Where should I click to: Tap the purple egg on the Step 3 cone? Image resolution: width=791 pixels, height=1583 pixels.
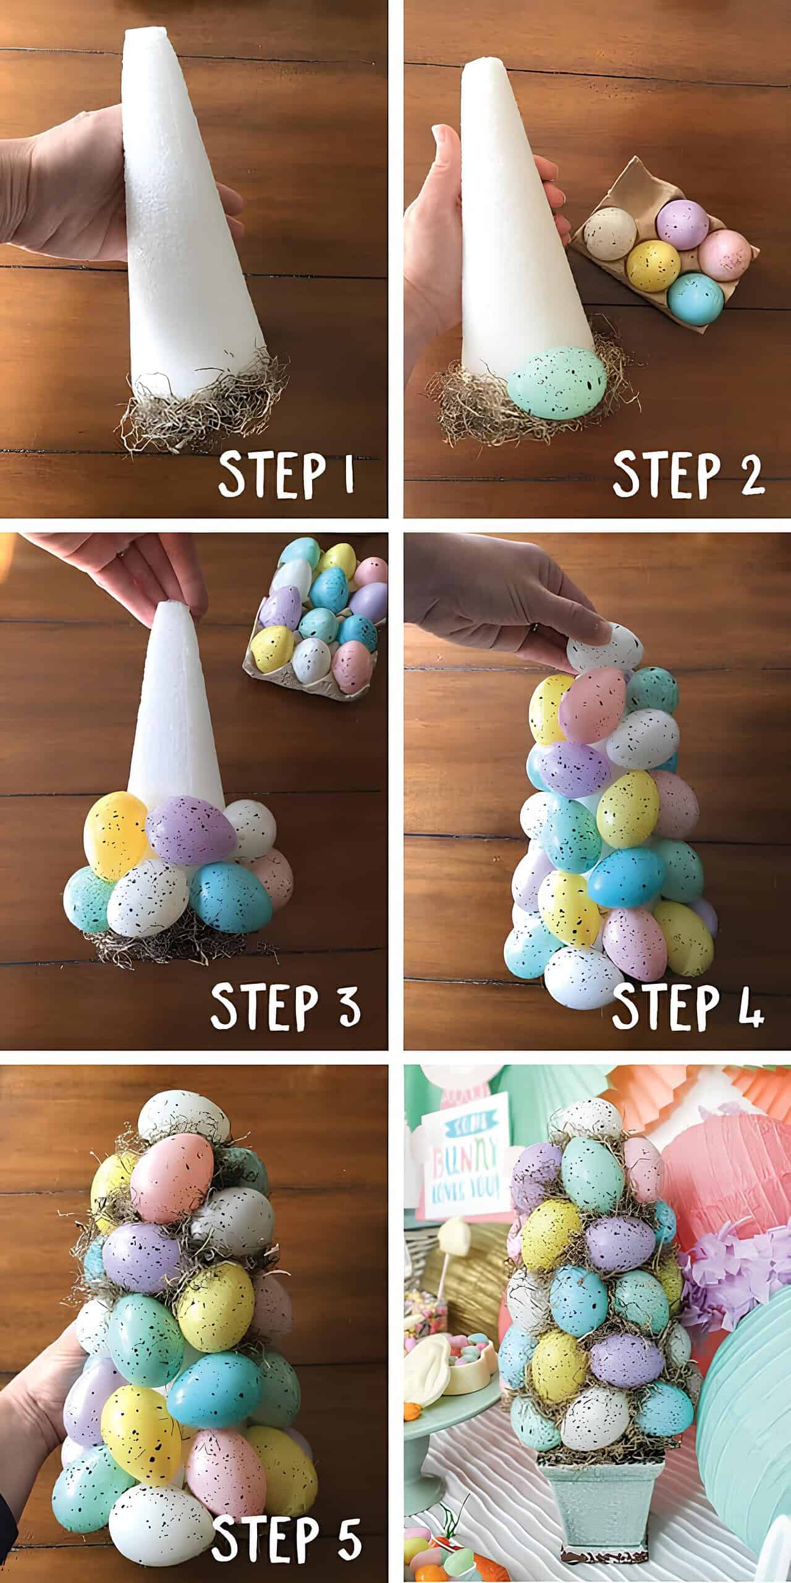[190, 829]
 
